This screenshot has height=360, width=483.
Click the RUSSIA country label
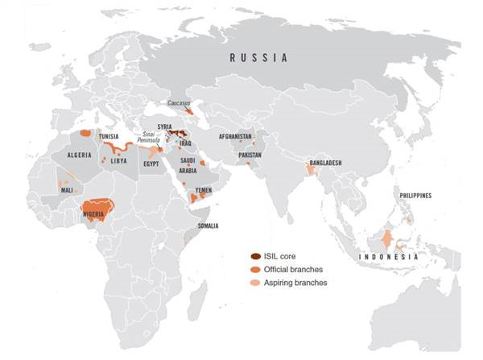[258, 58]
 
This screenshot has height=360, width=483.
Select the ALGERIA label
[79, 154]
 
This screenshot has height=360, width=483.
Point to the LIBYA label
[118, 160]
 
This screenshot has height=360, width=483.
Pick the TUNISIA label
[110, 137]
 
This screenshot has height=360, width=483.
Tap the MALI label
[68, 190]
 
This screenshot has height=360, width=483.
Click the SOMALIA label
[207, 226]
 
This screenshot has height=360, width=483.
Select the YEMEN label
[204, 192]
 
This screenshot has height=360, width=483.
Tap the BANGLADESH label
[323, 163]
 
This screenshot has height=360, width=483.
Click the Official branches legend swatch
[255, 269]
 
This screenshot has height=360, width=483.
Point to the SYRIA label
[165, 127]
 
